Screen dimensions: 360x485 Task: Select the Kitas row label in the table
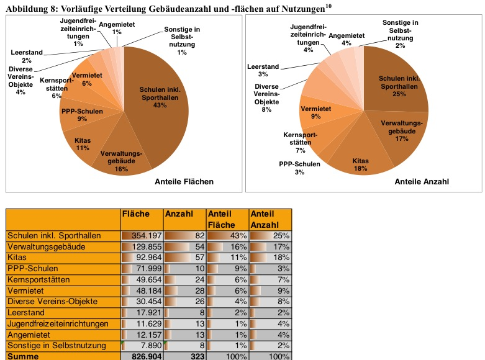click(17, 258)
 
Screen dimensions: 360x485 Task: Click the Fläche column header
click(137, 214)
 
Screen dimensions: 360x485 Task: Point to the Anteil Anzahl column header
click(266, 218)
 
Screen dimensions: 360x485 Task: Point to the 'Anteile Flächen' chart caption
click(184, 182)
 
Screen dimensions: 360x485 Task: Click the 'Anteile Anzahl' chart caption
click(422, 182)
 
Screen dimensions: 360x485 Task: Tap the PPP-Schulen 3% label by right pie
click(300, 168)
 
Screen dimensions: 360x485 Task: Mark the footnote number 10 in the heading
click(329, 6)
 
